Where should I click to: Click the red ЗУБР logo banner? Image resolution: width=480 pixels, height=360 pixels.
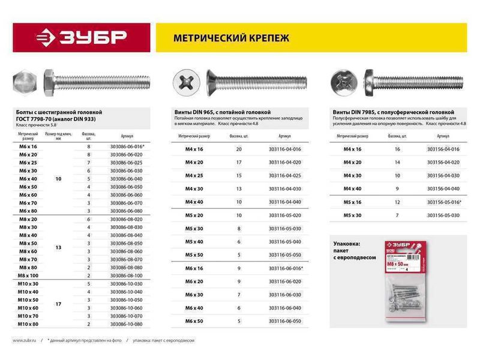tap(81, 37)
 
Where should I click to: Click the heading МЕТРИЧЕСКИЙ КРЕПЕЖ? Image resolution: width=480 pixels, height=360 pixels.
tap(231, 38)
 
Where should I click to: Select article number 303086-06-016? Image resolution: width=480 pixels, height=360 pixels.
tap(127, 146)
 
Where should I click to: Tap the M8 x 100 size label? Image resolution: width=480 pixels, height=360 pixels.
tap(28, 275)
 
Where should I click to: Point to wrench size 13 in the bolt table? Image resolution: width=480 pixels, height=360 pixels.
tap(58, 247)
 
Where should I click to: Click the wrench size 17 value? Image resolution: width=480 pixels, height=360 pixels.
tap(58, 304)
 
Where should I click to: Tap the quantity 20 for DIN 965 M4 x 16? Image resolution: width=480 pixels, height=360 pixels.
tap(239, 149)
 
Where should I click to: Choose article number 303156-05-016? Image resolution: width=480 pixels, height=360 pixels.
tap(444, 202)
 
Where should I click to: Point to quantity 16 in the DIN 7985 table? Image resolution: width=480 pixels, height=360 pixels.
tap(397, 149)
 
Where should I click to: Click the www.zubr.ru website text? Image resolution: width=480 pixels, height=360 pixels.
tap(25, 340)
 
